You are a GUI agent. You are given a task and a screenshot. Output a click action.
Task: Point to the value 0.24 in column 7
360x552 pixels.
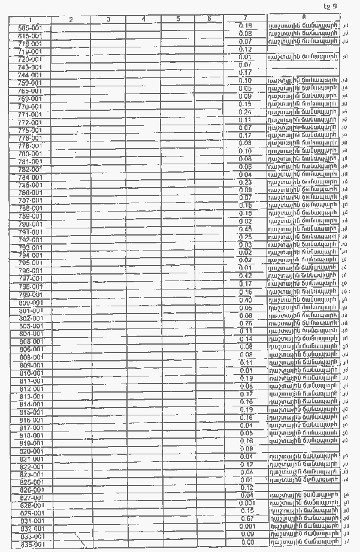tap(245, 112)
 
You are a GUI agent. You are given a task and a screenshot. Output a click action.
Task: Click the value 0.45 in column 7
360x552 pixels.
tap(245, 230)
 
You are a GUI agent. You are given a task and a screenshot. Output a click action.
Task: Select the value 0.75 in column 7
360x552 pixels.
tap(245, 323)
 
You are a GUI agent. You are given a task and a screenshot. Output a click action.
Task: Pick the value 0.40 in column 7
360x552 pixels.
tap(245, 300)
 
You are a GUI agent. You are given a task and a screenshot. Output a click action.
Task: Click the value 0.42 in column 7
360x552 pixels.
tap(245, 276)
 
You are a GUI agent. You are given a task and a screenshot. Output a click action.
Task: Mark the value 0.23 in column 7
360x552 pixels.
tap(245, 182)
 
